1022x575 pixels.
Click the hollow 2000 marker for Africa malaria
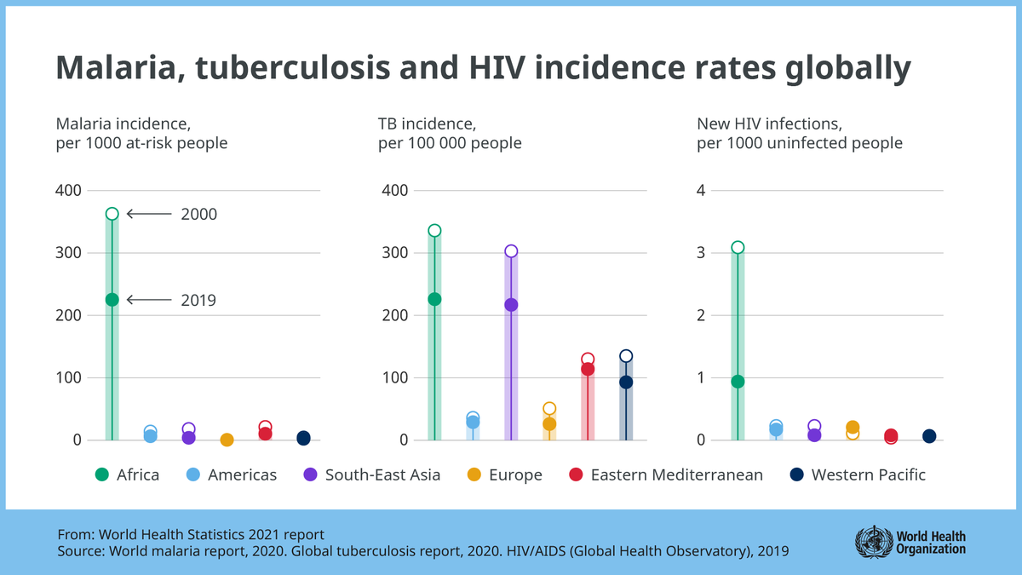(112, 214)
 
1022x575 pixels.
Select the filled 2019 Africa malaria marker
(112, 299)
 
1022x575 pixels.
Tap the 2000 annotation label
(198, 215)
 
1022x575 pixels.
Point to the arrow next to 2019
(148, 300)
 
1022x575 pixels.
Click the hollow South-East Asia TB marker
(511, 251)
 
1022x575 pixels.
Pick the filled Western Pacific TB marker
(626, 382)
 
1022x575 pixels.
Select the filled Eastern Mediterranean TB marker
(588, 370)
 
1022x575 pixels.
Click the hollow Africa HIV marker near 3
(738, 248)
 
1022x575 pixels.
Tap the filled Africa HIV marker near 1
(738, 382)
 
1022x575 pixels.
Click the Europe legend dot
(474, 474)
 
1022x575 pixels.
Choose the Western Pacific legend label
(868, 474)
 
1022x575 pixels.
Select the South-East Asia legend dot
(311, 474)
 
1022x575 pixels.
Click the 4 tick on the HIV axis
(701, 190)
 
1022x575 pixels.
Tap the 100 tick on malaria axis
(70, 377)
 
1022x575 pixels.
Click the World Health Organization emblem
(873, 541)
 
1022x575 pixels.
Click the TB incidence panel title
(450, 134)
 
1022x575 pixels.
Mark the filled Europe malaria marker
(227, 440)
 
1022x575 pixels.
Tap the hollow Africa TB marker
(434, 231)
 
